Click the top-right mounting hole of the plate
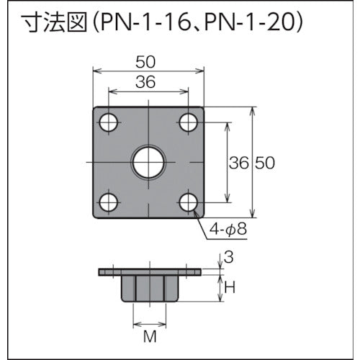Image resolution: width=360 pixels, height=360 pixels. [189, 122]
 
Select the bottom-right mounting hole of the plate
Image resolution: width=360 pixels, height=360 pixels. [189, 202]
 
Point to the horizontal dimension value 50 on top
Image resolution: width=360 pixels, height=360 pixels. [149, 63]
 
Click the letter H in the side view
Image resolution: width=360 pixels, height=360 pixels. [230, 287]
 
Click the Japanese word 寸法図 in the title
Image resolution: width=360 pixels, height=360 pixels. [50, 23]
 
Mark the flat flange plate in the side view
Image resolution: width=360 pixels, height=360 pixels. [149, 272]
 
